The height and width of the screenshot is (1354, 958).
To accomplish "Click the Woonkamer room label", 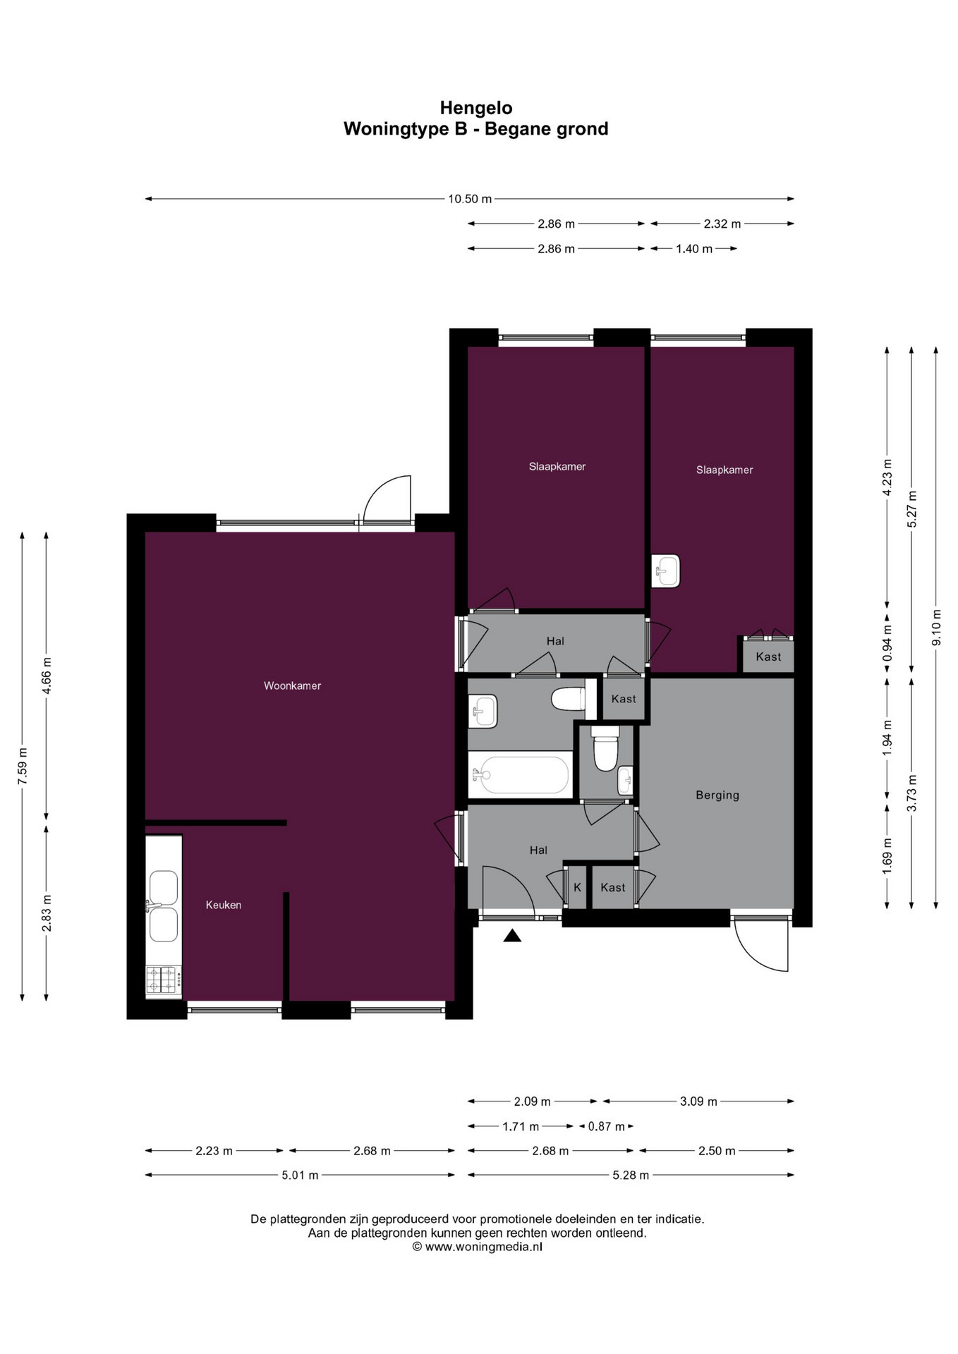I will (x=292, y=685).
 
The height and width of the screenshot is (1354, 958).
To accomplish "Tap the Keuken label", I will (x=224, y=905).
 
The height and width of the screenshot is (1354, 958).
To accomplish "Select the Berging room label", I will (x=717, y=795).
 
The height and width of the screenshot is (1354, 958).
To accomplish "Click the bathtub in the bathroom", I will (x=521, y=775).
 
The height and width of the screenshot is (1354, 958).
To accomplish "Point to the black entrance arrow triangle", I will (x=512, y=936).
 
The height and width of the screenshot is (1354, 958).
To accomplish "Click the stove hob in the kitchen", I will (x=163, y=980).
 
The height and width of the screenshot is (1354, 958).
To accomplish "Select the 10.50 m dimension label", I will (x=470, y=199).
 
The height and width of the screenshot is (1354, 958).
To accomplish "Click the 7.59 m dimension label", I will (x=23, y=765).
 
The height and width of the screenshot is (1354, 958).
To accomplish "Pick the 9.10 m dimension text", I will (x=936, y=628).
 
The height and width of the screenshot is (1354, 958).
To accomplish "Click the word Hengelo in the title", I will (x=476, y=108).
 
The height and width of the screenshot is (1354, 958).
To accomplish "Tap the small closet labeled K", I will (x=577, y=887).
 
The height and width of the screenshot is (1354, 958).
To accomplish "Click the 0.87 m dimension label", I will (x=606, y=1126).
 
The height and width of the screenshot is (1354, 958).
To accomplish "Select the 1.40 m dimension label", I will (x=693, y=248).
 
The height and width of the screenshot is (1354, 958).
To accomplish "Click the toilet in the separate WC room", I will (x=605, y=750).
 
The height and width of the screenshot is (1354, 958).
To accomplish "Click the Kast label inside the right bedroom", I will (x=768, y=657).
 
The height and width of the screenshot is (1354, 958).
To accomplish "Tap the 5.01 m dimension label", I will (x=301, y=1175).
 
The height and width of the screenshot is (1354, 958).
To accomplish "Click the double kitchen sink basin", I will (x=164, y=906).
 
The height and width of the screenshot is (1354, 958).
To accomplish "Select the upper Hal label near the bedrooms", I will (x=555, y=641).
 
